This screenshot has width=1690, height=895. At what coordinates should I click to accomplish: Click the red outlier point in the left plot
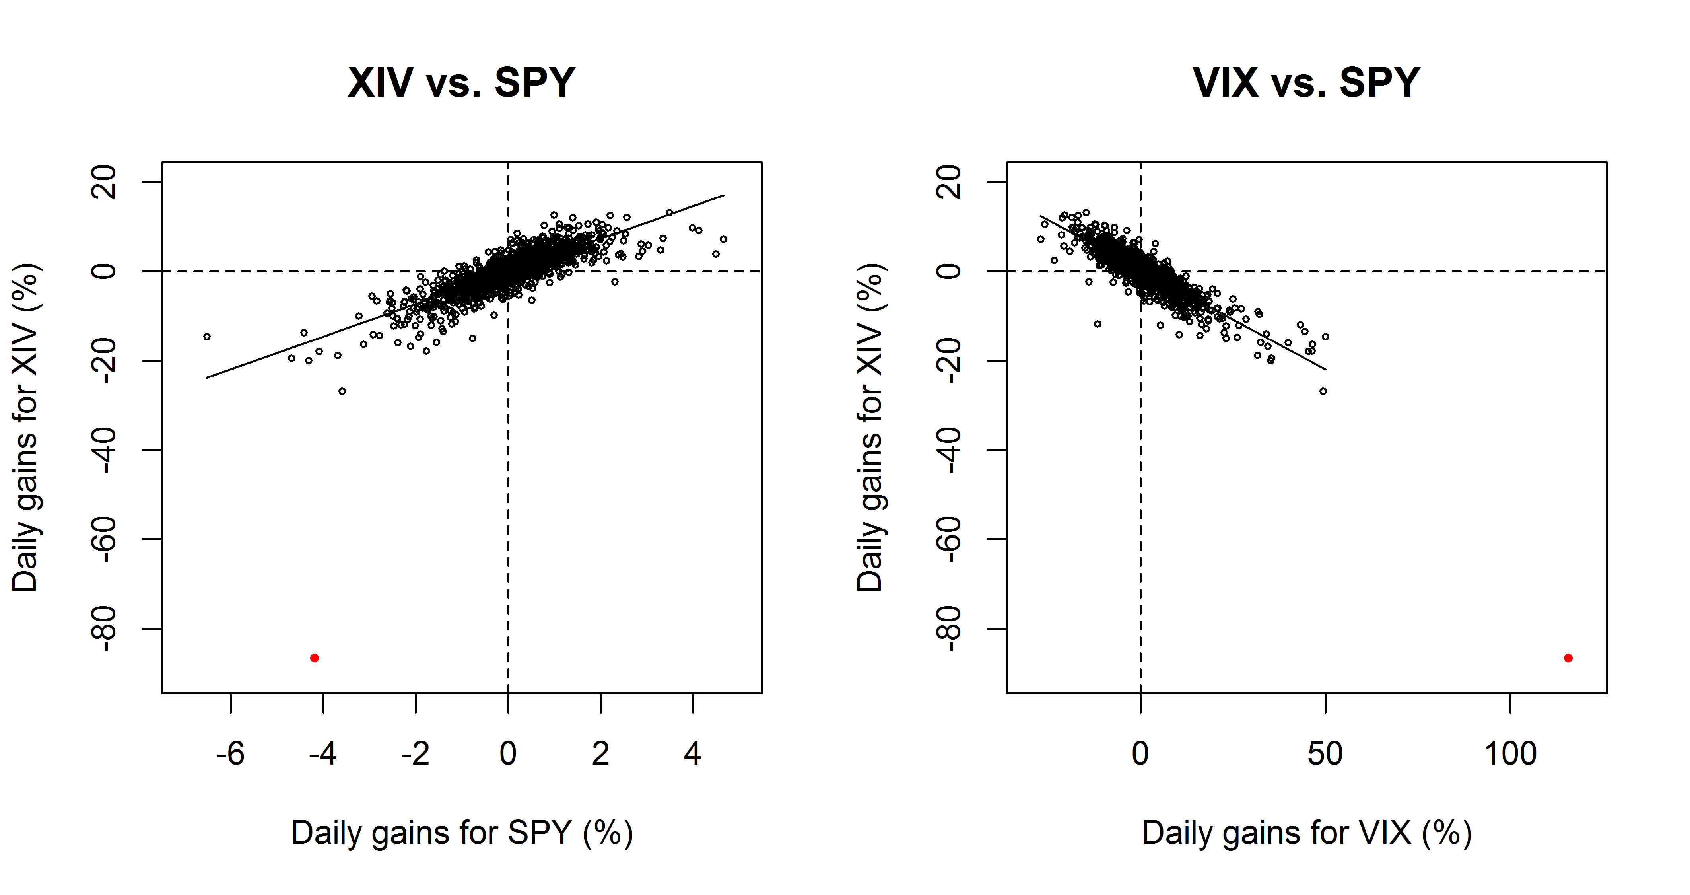[x=314, y=658]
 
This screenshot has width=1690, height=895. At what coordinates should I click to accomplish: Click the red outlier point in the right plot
[x=1568, y=658]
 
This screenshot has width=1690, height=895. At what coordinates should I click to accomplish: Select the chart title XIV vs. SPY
[x=461, y=83]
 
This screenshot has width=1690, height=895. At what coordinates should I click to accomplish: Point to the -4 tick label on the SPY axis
[x=323, y=753]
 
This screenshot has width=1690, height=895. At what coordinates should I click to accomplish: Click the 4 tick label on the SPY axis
[x=693, y=753]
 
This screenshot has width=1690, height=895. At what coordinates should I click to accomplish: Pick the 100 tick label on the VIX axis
[x=1510, y=753]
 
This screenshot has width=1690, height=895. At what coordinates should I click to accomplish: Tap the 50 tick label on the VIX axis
[x=1325, y=753]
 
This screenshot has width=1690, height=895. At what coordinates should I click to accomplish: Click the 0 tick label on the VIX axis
[x=1140, y=753]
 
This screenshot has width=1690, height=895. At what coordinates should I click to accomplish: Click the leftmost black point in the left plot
[x=207, y=337]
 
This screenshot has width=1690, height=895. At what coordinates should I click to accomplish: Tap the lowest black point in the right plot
[x=1323, y=391]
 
